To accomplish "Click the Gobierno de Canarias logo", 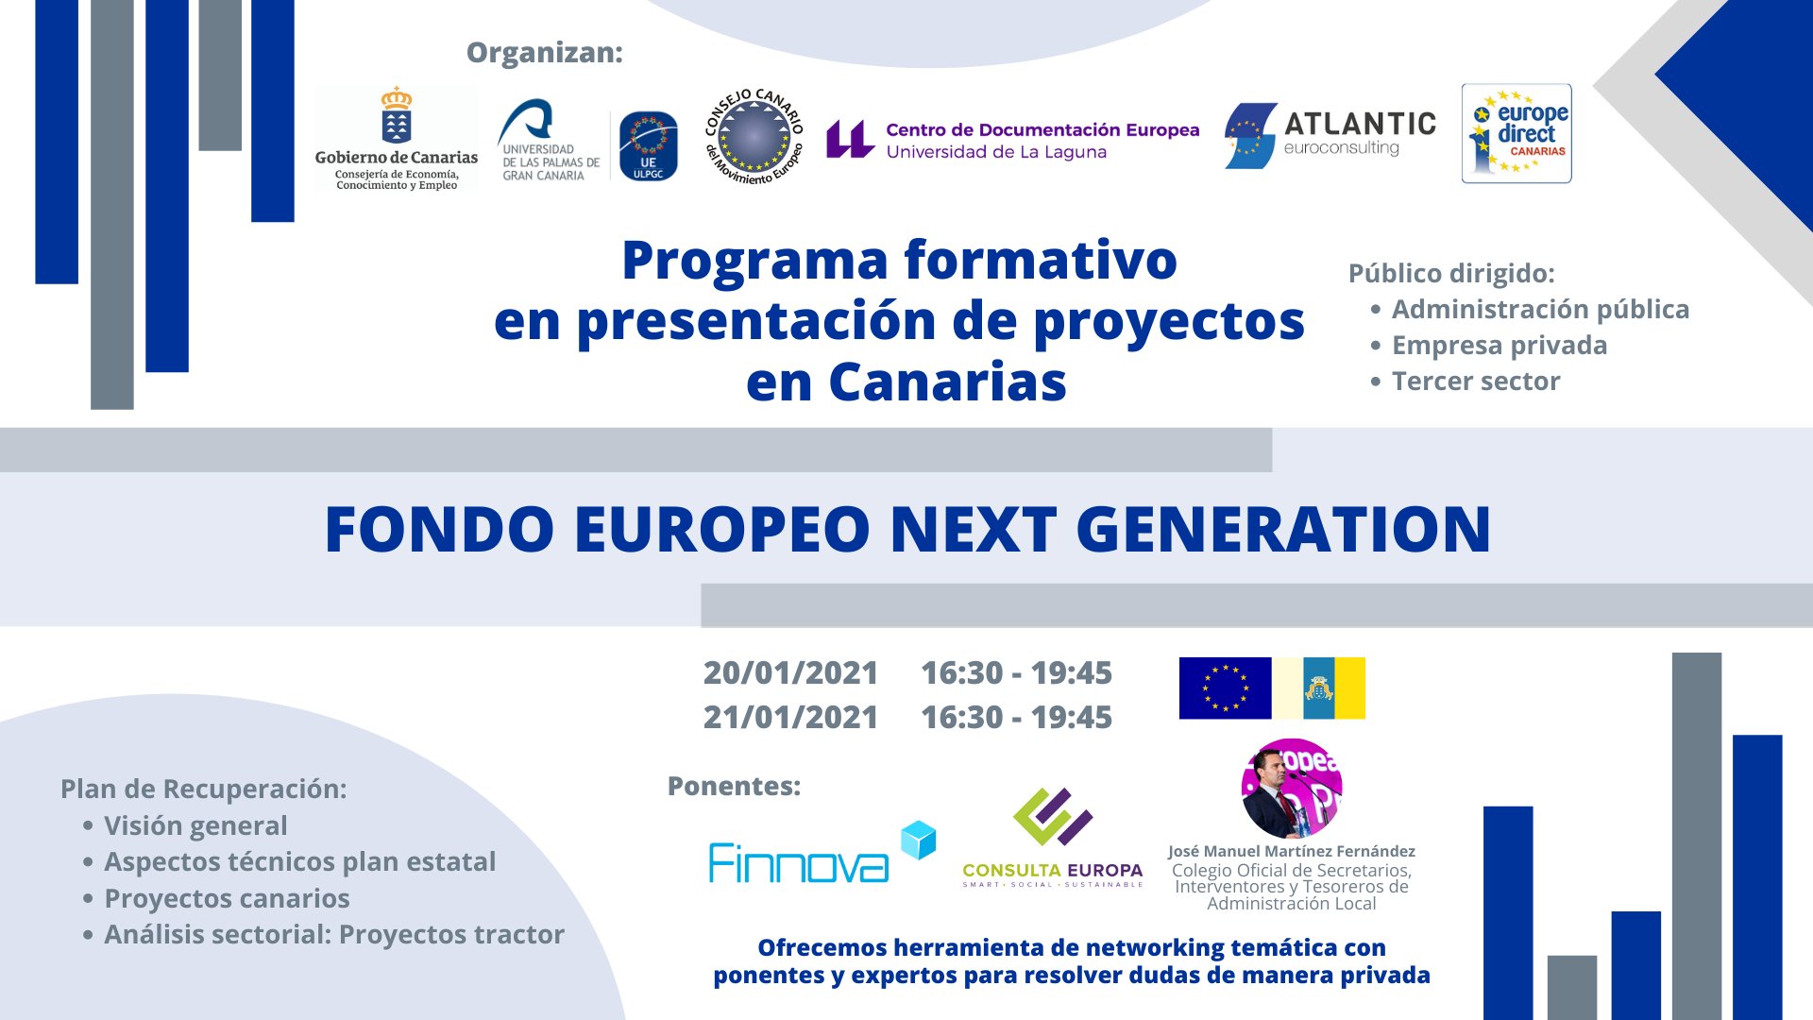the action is (397, 138).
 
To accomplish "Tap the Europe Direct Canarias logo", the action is (1516, 133).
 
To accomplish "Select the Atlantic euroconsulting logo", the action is (1330, 136).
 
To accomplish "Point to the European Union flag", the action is (1225, 688).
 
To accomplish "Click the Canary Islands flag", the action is (1318, 688).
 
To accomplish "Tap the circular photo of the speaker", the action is (1291, 789).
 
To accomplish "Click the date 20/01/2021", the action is (790, 672).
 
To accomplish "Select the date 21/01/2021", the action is (790, 717).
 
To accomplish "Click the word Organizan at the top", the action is (545, 53).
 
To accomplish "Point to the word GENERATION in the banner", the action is (1283, 529).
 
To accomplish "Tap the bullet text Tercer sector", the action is (1476, 381).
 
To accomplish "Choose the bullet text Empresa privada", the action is (1500, 346).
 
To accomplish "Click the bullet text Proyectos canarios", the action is (227, 898).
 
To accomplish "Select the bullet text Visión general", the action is (195, 825).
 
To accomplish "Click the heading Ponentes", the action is (734, 786).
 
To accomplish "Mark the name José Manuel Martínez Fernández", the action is (1291, 851).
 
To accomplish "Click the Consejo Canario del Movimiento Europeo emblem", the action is (754, 137).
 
